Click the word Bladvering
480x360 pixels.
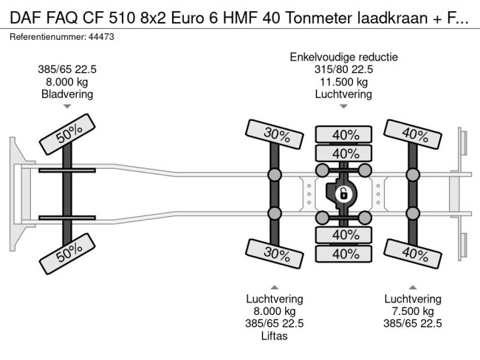pyautogui.click(x=67, y=94)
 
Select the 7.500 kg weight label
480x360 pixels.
pyautogui.click(x=413, y=311)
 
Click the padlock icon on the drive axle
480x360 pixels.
pyautogui.click(x=343, y=195)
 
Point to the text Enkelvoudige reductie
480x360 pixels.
pyautogui.click(x=344, y=57)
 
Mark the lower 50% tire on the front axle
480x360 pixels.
pyautogui.click(x=68, y=255)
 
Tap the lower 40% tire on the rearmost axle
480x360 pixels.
pyautogui.click(x=414, y=253)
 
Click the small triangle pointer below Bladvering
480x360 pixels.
pyautogui.click(x=67, y=107)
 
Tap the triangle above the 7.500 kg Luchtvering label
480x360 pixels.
pyautogui.click(x=413, y=287)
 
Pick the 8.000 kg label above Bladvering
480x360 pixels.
pyautogui.click(x=67, y=82)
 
